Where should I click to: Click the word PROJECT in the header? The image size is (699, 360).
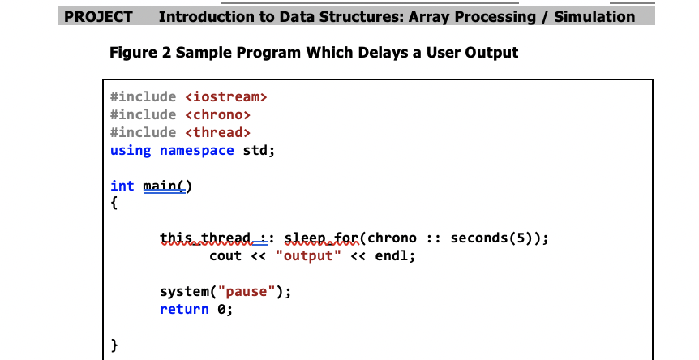pyautogui.click(x=98, y=16)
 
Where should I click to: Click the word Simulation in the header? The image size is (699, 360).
pyautogui.click(x=594, y=16)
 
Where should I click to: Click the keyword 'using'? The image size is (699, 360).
pyautogui.click(x=131, y=151)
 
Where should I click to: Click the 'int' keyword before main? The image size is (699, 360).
pyautogui.click(x=122, y=186)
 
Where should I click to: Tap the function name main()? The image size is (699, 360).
pyautogui.click(x=167, y=186)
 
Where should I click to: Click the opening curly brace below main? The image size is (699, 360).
pyautogui.click(x=114, y=204)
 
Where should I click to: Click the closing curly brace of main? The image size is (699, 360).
pyautogui.click(x=114, y=346)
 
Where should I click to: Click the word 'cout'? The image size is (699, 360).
pyautogui.click(x=225, y=256)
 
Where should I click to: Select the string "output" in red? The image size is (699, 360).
pyautogui.click(x=308, y=256)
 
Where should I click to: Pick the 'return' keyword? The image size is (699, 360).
pyautogui.click(x=184, y=310)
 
